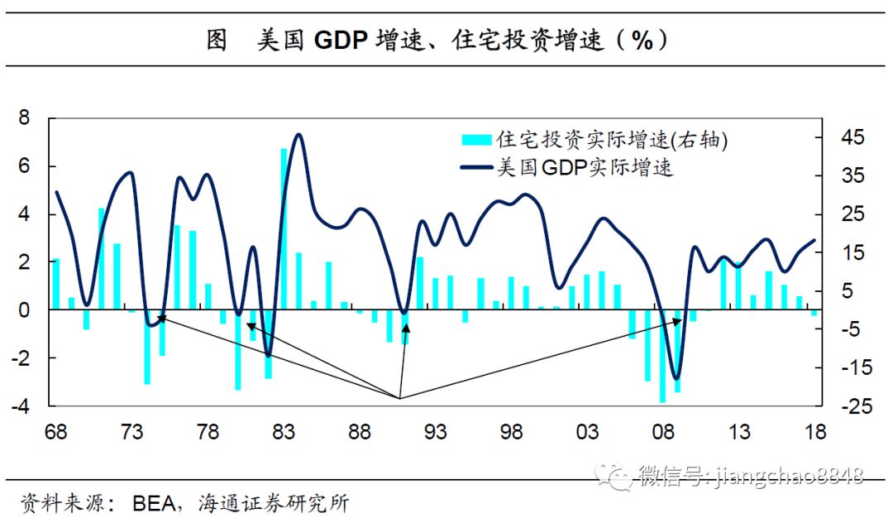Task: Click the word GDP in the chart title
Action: click(340, 41)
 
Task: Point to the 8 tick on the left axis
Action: click(24, 118)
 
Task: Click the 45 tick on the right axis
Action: click(842, 138)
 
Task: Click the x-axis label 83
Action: click(283, 433)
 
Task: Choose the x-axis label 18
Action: click(814, 433)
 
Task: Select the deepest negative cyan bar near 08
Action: click(662, 356)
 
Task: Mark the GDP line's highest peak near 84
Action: click(298, 135)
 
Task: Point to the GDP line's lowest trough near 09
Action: click(677, 377)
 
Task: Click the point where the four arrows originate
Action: click(400, 399)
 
